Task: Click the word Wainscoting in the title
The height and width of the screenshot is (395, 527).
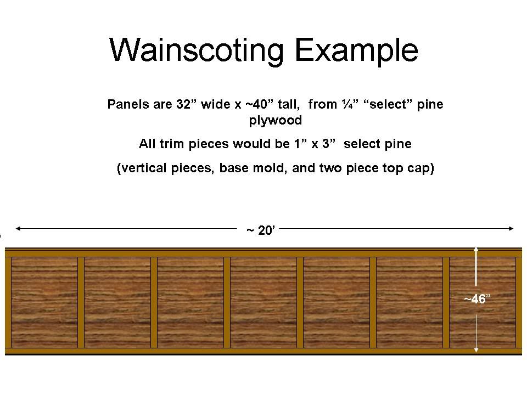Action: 197,50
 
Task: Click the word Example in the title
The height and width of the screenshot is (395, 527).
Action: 356,50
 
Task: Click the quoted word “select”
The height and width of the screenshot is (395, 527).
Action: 390,104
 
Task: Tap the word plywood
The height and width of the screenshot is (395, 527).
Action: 275,120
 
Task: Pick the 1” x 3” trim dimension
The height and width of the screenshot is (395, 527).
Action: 315,144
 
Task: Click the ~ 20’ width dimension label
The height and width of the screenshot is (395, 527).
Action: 261,230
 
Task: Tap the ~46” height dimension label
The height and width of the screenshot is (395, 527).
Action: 477,299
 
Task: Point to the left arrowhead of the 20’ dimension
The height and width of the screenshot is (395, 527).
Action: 18,228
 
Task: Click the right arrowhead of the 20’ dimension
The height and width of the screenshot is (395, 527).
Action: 511,228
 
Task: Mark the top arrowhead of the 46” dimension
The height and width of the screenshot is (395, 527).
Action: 476,250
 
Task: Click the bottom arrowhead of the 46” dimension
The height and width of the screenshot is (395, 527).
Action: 476,351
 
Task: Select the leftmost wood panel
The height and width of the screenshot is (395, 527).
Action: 44,302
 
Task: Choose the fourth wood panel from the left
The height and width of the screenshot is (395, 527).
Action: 263,302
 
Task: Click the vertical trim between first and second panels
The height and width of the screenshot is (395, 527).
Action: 81,302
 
